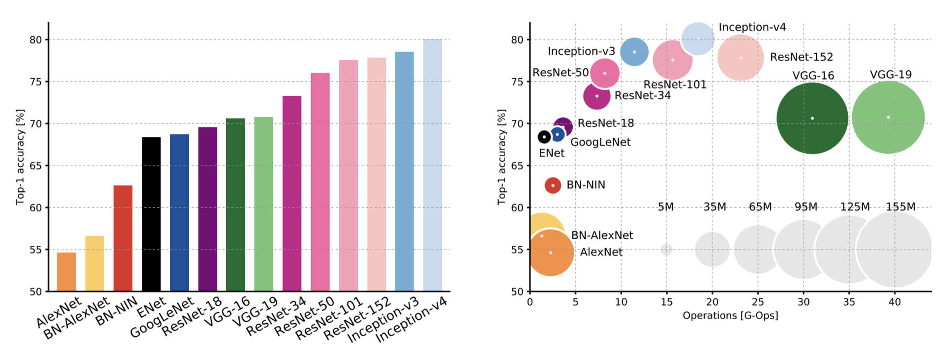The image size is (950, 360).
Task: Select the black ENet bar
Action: point(151,214)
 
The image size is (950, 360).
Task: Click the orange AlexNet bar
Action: point(66,272)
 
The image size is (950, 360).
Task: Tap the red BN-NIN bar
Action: point(123,238)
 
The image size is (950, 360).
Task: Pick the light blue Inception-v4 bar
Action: point(433,165)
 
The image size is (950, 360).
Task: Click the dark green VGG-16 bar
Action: point(235,205)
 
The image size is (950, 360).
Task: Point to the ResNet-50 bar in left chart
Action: point(320,182)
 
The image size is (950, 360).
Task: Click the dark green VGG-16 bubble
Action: point(812,119)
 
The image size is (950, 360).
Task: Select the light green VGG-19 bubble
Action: point(888,117)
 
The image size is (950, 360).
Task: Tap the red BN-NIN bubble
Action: point(553,185)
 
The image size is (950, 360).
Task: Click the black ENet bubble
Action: point(544,137)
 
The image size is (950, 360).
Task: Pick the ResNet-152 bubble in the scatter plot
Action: point(741,58)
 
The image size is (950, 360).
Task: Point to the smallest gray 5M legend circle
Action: point(666,249)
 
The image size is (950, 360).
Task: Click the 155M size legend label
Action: point(901,207)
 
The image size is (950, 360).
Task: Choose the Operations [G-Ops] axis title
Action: point(730,316)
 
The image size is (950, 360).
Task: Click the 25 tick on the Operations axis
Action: point(758,302)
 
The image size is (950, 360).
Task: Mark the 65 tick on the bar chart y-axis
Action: point(35,166)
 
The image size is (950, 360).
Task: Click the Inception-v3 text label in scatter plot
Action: point(581,51)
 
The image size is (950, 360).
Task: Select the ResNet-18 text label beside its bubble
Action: point(606,123)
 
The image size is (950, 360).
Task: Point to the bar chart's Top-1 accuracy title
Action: point(20,157)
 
